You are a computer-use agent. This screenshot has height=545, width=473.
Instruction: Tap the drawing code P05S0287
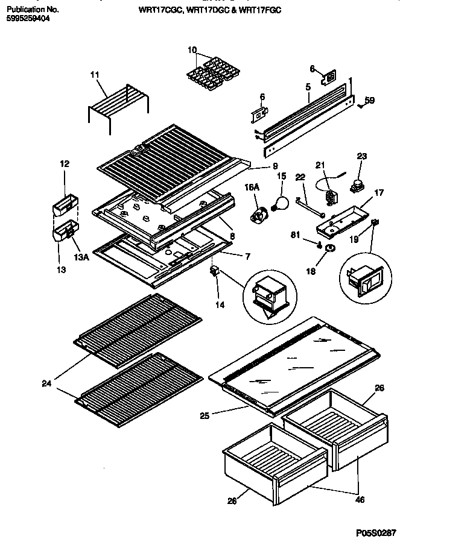click(x=376, y=533)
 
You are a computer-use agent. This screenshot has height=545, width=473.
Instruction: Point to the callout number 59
click(x=369, y=101)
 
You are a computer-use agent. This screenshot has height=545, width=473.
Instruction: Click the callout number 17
click(x=378, y=194)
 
